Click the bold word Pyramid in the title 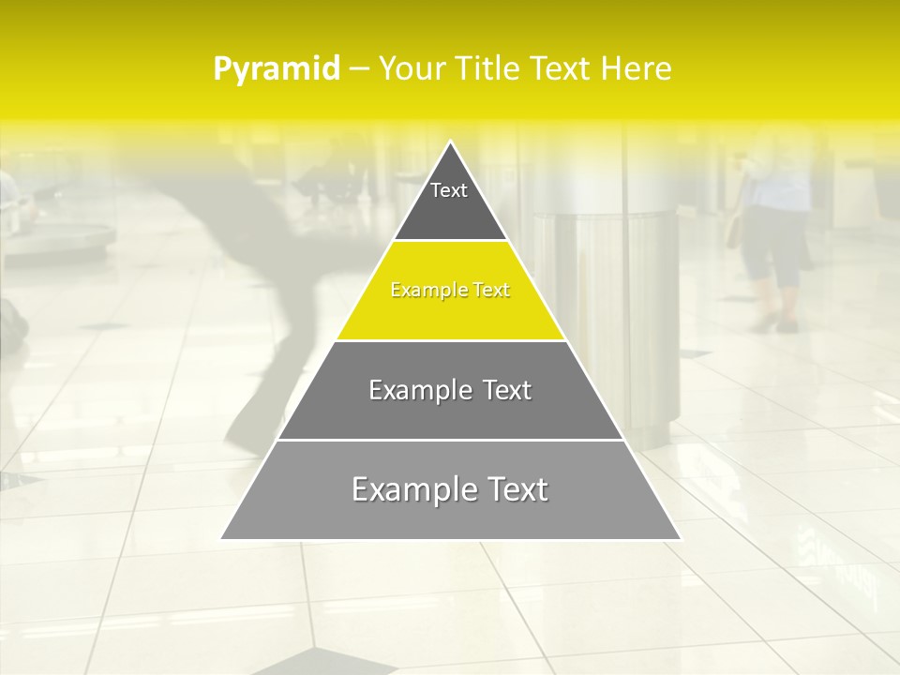click(x=276, y=69)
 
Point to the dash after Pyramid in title click(x=358, y=70)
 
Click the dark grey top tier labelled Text click(x=450, y=202)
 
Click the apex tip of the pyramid click(x=451, y=143)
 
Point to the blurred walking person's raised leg click(x=253, y=394)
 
